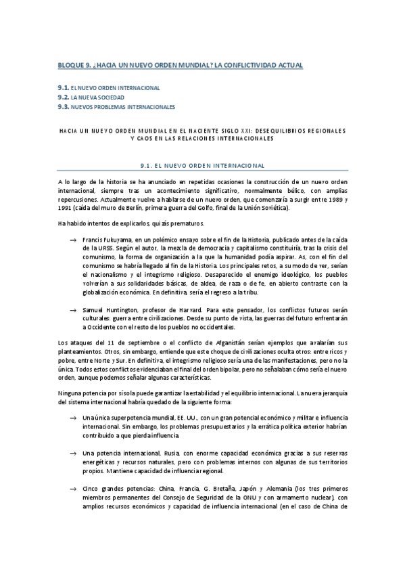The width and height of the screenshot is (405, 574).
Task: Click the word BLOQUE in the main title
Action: coord(72,65)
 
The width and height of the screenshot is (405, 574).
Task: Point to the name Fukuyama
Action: coord(118,240)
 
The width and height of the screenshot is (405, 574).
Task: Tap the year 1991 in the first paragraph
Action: coord(66,208)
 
